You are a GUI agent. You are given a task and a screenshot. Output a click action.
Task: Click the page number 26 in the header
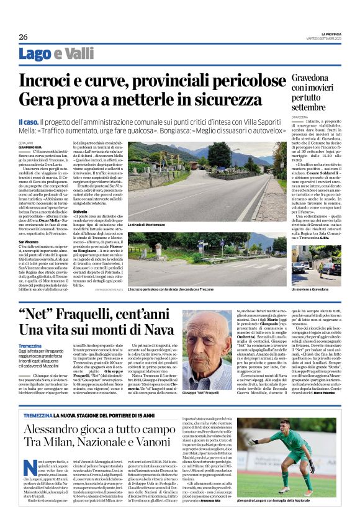(23, 37)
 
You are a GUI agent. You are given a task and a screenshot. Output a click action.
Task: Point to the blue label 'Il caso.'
(30, 123)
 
